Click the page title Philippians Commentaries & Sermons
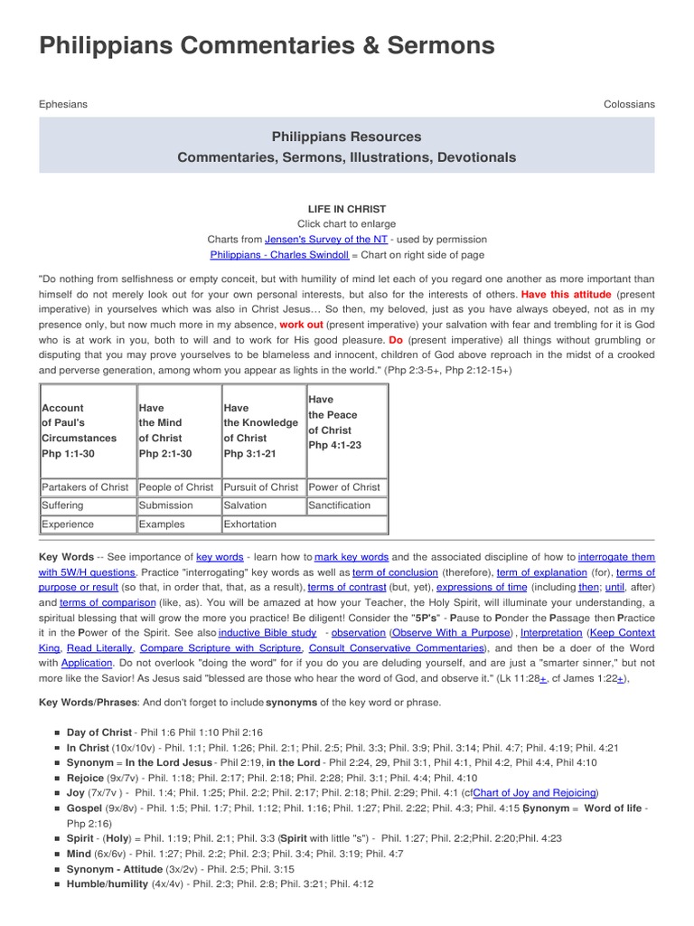click(267, 46)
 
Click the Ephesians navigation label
click(63, 104)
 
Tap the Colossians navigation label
click(629, 104)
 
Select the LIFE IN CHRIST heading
click(347, 208)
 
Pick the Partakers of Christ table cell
click(86, 487)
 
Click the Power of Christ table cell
click(344, 487)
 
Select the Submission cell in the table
click(166, 506)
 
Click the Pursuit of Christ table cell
click(261, 487)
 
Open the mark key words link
click(352, 557)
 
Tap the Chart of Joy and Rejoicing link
click(535, 792)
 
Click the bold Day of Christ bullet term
click(99, 731)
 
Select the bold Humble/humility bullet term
click(108, 883)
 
